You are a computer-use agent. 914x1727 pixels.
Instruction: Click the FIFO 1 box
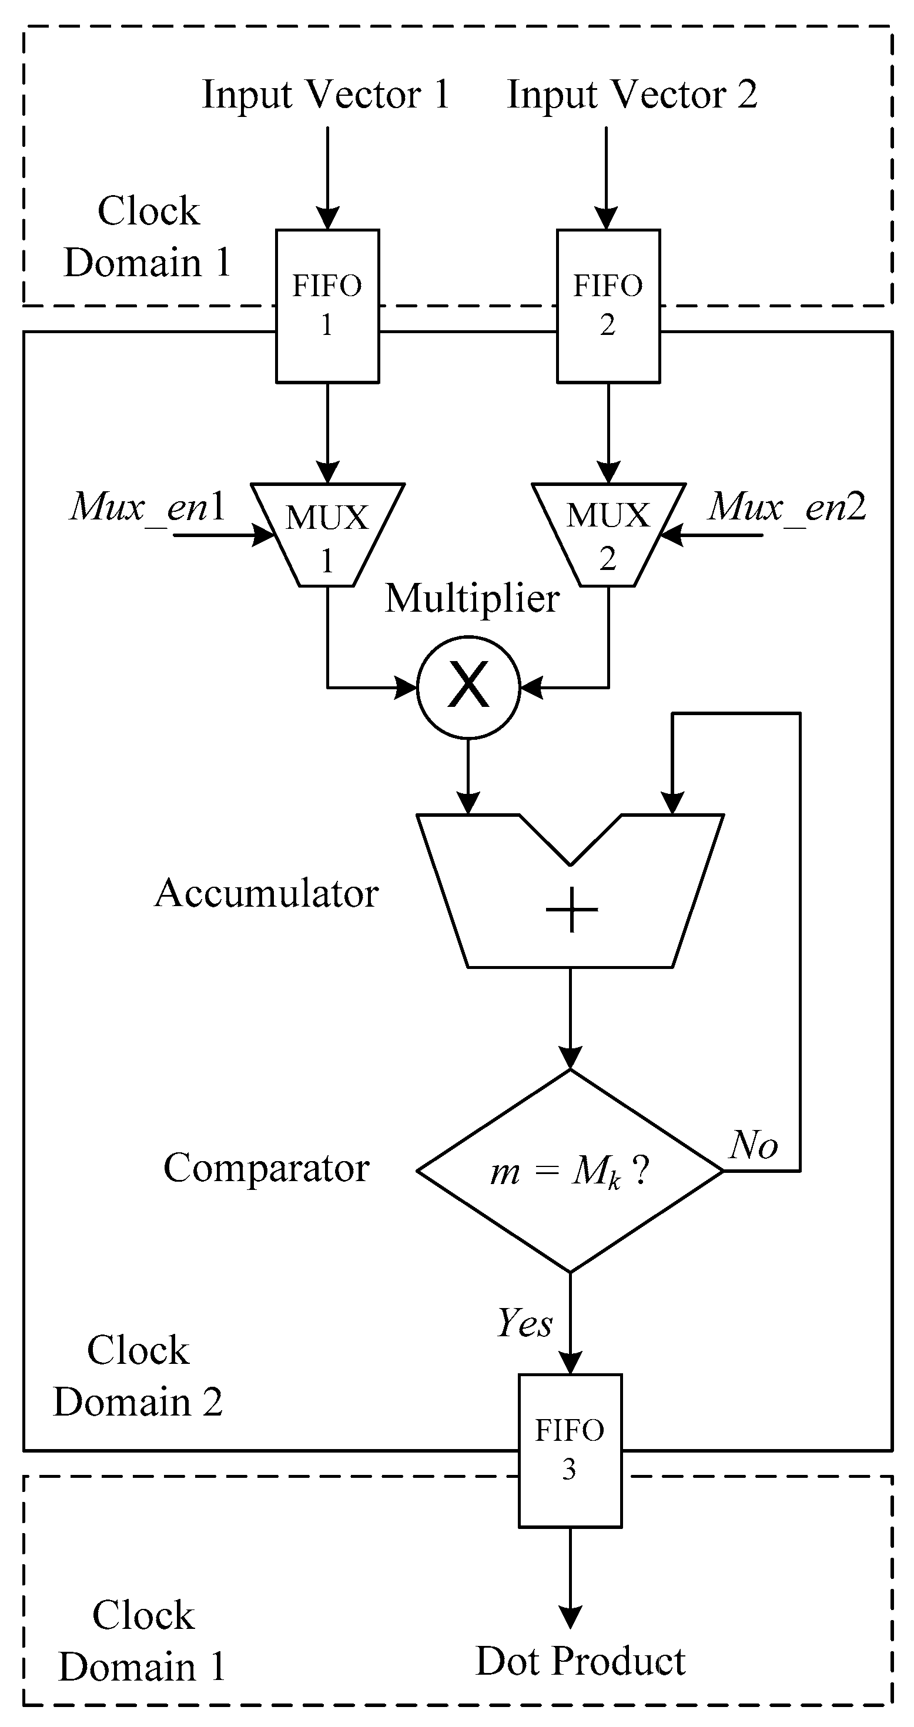click(327, 306)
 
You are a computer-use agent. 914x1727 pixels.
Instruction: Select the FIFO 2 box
click(608, 306)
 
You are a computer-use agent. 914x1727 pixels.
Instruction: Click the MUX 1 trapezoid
click(327, 535)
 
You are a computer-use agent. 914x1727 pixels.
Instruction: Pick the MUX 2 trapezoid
click(608, 535)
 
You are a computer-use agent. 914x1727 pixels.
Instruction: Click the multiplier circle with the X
click(468, 687)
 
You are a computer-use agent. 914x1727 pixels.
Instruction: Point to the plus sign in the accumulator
click(571, 910)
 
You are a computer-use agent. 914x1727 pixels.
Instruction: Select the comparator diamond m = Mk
click(570, 1171)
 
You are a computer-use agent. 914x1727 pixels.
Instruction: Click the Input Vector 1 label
click(326, 94)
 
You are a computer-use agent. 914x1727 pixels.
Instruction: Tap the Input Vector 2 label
click(632, 94)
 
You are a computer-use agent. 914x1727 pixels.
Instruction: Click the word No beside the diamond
click(754, 1145)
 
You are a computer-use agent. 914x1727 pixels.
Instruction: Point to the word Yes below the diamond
click(524, 1323)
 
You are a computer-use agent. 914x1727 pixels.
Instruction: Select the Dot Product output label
click(580, 1661)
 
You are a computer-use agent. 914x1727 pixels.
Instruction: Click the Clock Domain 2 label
click(138, 1375)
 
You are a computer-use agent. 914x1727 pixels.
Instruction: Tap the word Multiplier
click(471, 598)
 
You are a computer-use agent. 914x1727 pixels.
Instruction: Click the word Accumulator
click(267, 893)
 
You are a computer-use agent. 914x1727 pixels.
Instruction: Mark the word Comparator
click(266, 1167)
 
